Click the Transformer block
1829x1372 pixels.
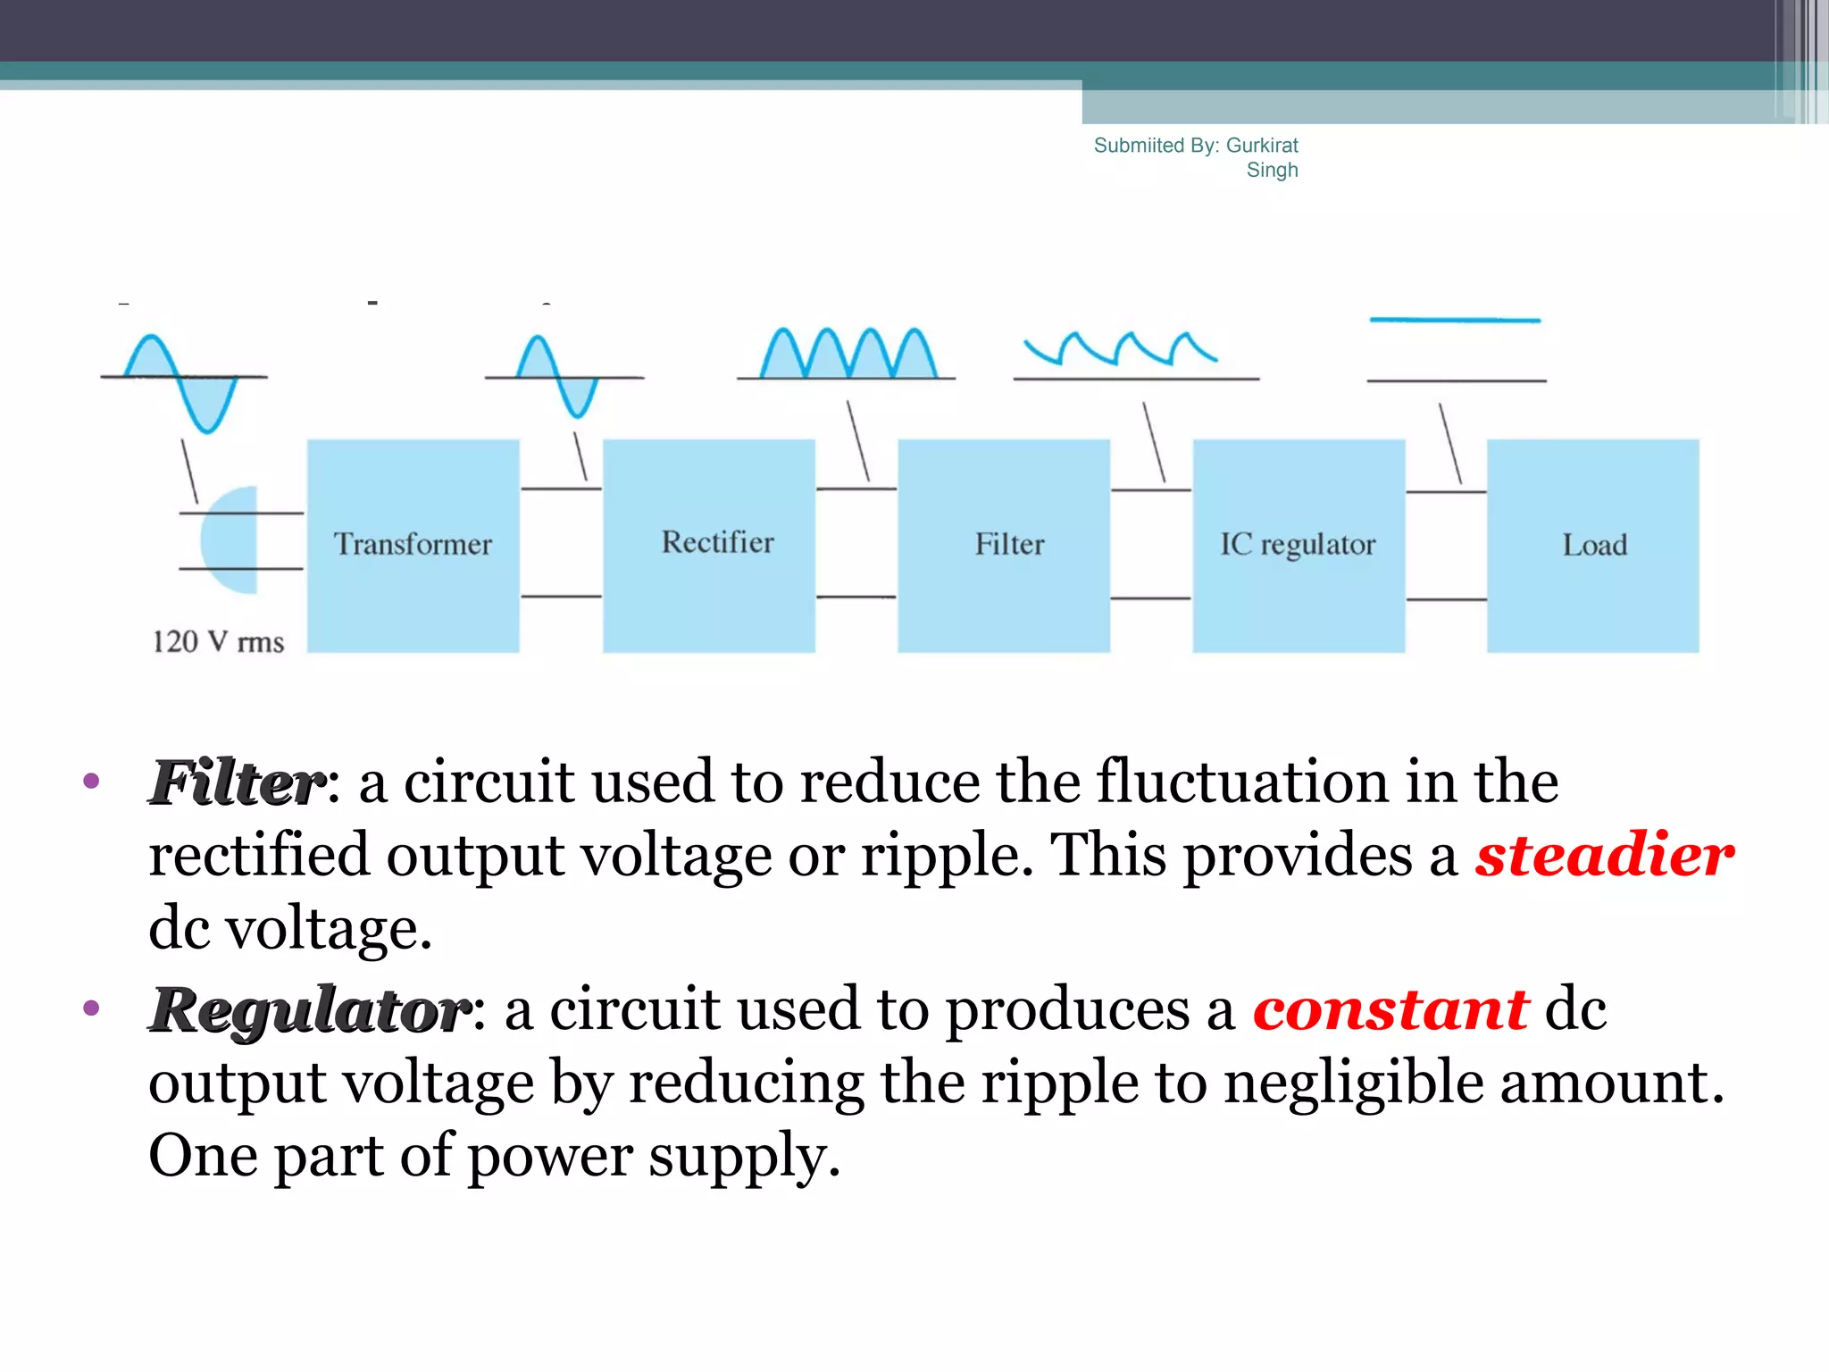[413, 545]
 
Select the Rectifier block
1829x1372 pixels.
[709, 545]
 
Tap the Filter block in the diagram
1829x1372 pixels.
[1004, 545]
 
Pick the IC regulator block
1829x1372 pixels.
[1299, 545]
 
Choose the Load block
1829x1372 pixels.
[1593, 545]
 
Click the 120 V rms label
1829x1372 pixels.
[218, 641]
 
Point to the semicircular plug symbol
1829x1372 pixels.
[230, 540]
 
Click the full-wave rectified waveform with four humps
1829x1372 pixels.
[848, 354]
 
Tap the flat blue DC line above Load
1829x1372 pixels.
[1455, 320]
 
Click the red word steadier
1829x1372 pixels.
[1604, 855]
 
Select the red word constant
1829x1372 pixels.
[1391, 1009]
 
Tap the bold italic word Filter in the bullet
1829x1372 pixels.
[237, 782]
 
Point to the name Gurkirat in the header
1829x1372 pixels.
[1262, 146]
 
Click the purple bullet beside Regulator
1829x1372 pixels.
[90, 1008]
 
